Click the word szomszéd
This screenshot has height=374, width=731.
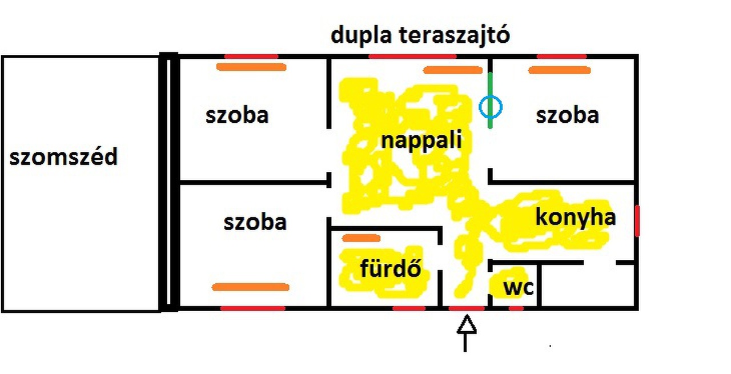63,156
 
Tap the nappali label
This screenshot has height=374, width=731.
421,140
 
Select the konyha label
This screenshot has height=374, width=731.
575,218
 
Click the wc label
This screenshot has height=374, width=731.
518,288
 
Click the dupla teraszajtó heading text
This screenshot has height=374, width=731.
420,35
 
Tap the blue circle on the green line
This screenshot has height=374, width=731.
491,107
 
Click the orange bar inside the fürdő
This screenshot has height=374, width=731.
360,238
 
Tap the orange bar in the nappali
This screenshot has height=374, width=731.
452,70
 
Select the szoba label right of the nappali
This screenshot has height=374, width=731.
567,115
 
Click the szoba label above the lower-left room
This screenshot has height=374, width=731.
237,115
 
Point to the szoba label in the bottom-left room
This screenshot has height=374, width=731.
255,222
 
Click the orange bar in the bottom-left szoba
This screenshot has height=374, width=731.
250,287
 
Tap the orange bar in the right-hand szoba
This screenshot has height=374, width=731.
559,70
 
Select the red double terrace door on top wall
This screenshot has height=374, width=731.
412,56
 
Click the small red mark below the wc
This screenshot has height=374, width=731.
516,308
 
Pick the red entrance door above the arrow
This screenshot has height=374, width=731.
467,308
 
